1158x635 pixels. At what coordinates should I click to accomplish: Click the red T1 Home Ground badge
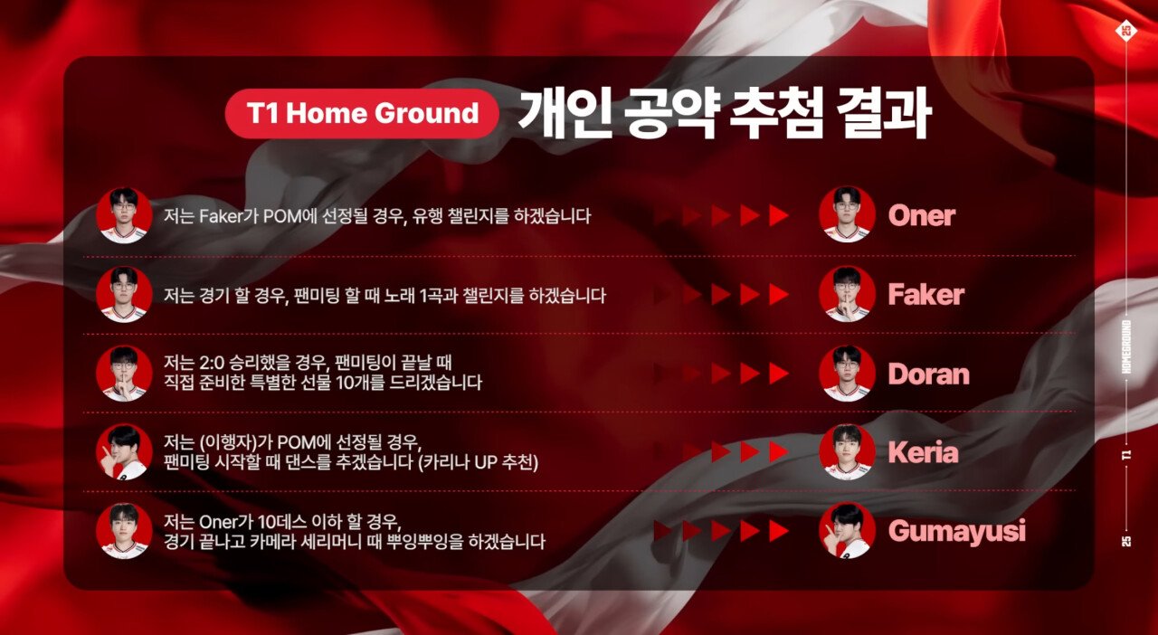(x=362, y=113)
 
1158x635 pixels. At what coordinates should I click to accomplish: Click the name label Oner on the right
(x=922, y=215)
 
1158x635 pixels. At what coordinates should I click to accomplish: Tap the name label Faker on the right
(x=925, y=295)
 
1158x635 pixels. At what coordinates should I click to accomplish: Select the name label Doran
(x=928, y=374)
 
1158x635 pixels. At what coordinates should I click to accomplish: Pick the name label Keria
(x=923, y=452)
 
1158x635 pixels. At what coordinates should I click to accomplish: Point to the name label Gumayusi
(x=957, y=531)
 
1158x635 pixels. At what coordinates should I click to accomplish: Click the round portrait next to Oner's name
(x=847, y=214)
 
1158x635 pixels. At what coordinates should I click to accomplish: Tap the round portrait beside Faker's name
(x=847, y=294)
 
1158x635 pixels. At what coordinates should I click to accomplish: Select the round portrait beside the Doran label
(x=847, y=374)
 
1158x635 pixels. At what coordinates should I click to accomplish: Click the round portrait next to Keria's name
(x=847, y=452)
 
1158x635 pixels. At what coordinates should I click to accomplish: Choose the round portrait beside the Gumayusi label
(x=847, y=531)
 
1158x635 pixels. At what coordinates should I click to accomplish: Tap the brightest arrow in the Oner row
(x=779, y=215)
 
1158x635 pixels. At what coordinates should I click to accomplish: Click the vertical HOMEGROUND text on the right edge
(x=1127, y=346)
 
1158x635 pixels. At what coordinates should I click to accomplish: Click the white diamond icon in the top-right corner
(x=1126, y=31)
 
